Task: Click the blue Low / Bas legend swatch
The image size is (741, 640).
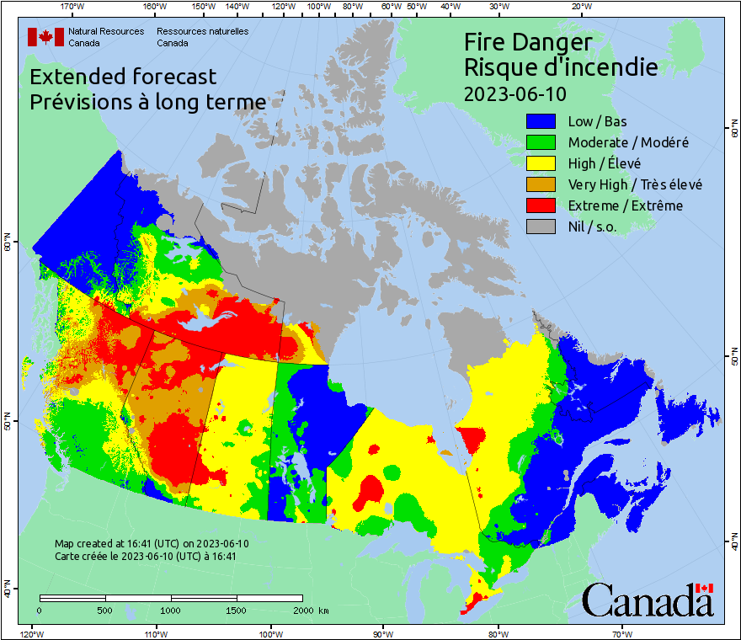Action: pyautogui.click(x=541, y=121)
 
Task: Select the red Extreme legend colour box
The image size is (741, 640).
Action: pyautogui.click(x=541, y=205)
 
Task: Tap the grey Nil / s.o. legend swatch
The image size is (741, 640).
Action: pyautogui.click(x=541, y=227)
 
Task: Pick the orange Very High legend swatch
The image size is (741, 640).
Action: pyautogui.click(x=541, y=184)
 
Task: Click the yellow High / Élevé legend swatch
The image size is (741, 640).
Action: pyautogui.click(x=541, y=163)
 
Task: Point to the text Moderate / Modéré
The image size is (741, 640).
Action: pyautogui.click(x=628, y=142)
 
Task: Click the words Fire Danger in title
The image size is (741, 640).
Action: pyautogui.click(x=528, y=42)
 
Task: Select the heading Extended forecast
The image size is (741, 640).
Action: pyautogui.click(x=123, y=77)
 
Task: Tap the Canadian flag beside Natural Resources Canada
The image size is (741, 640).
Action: pyautogui.click(x=45, y=37)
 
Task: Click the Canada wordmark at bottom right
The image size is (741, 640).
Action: pyautogui.click(x=648, y=600)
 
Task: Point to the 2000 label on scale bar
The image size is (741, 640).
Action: pyautogui.click(x=307, y=610)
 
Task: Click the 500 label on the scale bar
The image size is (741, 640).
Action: pyautogui.click(x=104, y=610)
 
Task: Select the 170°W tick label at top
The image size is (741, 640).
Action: pyautogui.click(x=73, y=7)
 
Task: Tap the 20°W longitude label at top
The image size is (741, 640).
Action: pyautogui.click(x=579, y=7)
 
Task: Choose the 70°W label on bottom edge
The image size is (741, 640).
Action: pyautogui.click(x=622, y=633)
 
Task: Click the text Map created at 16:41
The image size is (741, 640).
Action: pyautogui.click(x=152, y=544)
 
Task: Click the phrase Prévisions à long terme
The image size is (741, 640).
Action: pyautogui.click(x=148, y=102)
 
